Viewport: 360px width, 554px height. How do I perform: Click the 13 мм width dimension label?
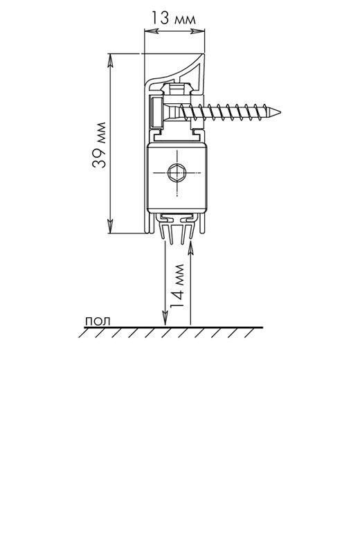[174, 18]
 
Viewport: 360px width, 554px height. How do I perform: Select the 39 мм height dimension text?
[99, 145]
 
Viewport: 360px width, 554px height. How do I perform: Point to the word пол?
[98, 321]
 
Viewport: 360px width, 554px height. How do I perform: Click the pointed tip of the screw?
[280, 113]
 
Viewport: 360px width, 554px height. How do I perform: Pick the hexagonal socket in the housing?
[177, 173]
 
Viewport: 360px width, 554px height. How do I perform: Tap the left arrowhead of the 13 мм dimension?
[151, 31]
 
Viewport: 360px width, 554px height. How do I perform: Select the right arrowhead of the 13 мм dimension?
[198, 31]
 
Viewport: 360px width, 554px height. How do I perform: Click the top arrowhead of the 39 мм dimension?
[110, 61]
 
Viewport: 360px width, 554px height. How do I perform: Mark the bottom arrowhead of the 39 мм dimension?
[110, 226]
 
